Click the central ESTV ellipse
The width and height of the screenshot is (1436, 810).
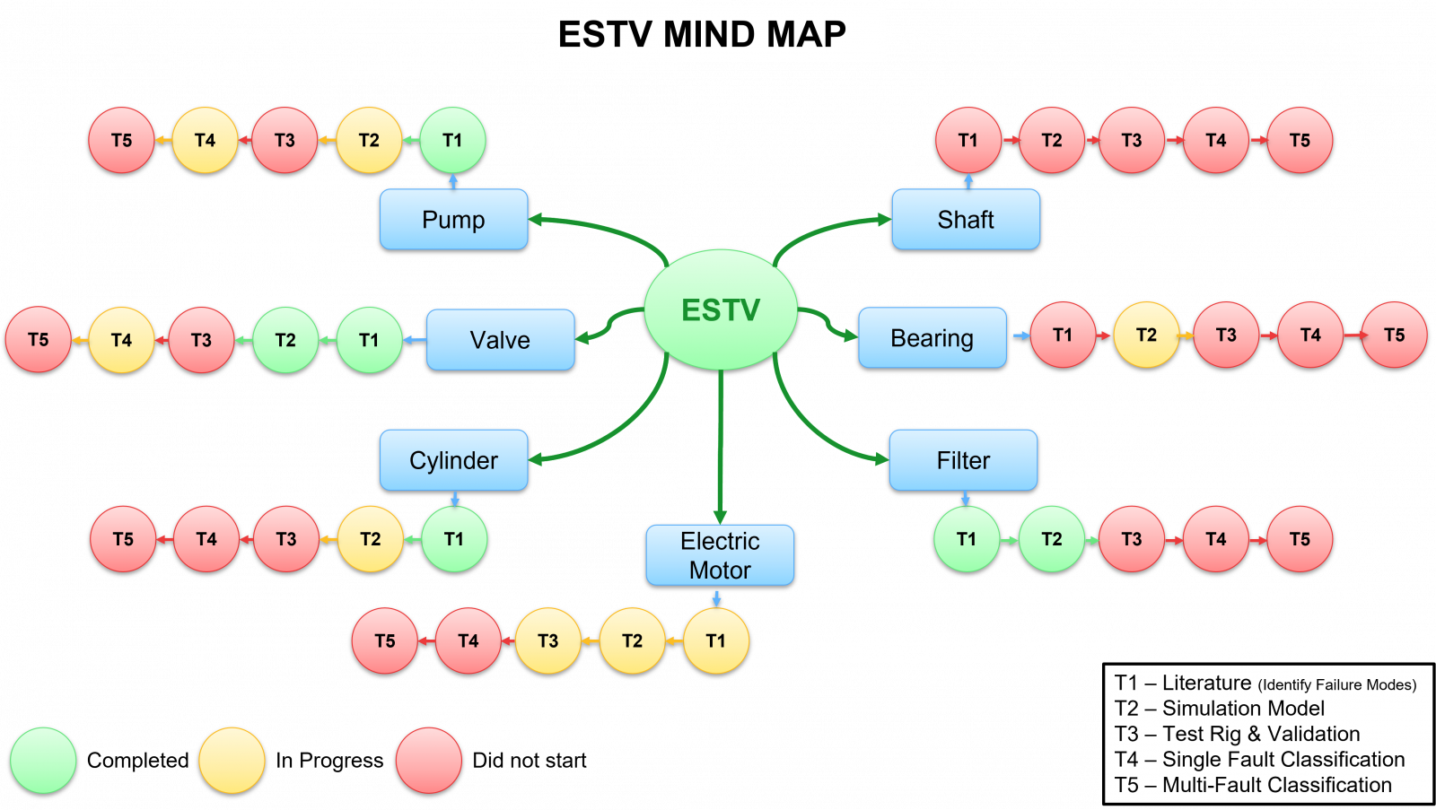click(x=721, y=309)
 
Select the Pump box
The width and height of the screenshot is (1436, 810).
click(x=453, y=219)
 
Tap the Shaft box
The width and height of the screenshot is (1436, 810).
click(x=966, y=219)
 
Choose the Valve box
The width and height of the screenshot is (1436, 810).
click(x=500, y=339)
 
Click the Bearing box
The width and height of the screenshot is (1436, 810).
click(x=932, y=337)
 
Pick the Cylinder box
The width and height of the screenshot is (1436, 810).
click(x=453, y=459)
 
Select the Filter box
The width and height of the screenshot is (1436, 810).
click(x=963, y=459)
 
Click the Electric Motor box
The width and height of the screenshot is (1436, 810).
click(x=720, y=554)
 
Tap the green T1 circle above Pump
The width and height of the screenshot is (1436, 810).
click(x=452, y=140)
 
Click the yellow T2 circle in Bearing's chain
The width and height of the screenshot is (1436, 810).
click(x=1146, y=335)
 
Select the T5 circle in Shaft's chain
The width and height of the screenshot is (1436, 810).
click(x=1300, y=140)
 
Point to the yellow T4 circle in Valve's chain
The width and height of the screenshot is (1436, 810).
click(x=121, y=339)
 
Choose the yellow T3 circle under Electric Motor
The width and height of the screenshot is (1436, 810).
click(x=547, y=640)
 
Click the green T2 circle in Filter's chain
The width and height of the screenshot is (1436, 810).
click(x=1051, y=538)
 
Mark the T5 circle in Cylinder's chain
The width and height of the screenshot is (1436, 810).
click(x=123, y=538)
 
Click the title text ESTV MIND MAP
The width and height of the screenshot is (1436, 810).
click(x=702, y=34)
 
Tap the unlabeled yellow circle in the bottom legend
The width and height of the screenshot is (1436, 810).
click(x=232, y=760)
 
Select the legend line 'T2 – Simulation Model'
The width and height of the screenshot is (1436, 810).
click(x=1219, y=709)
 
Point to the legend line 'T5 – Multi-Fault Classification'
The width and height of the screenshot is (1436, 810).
click(x=1253, y=785)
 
